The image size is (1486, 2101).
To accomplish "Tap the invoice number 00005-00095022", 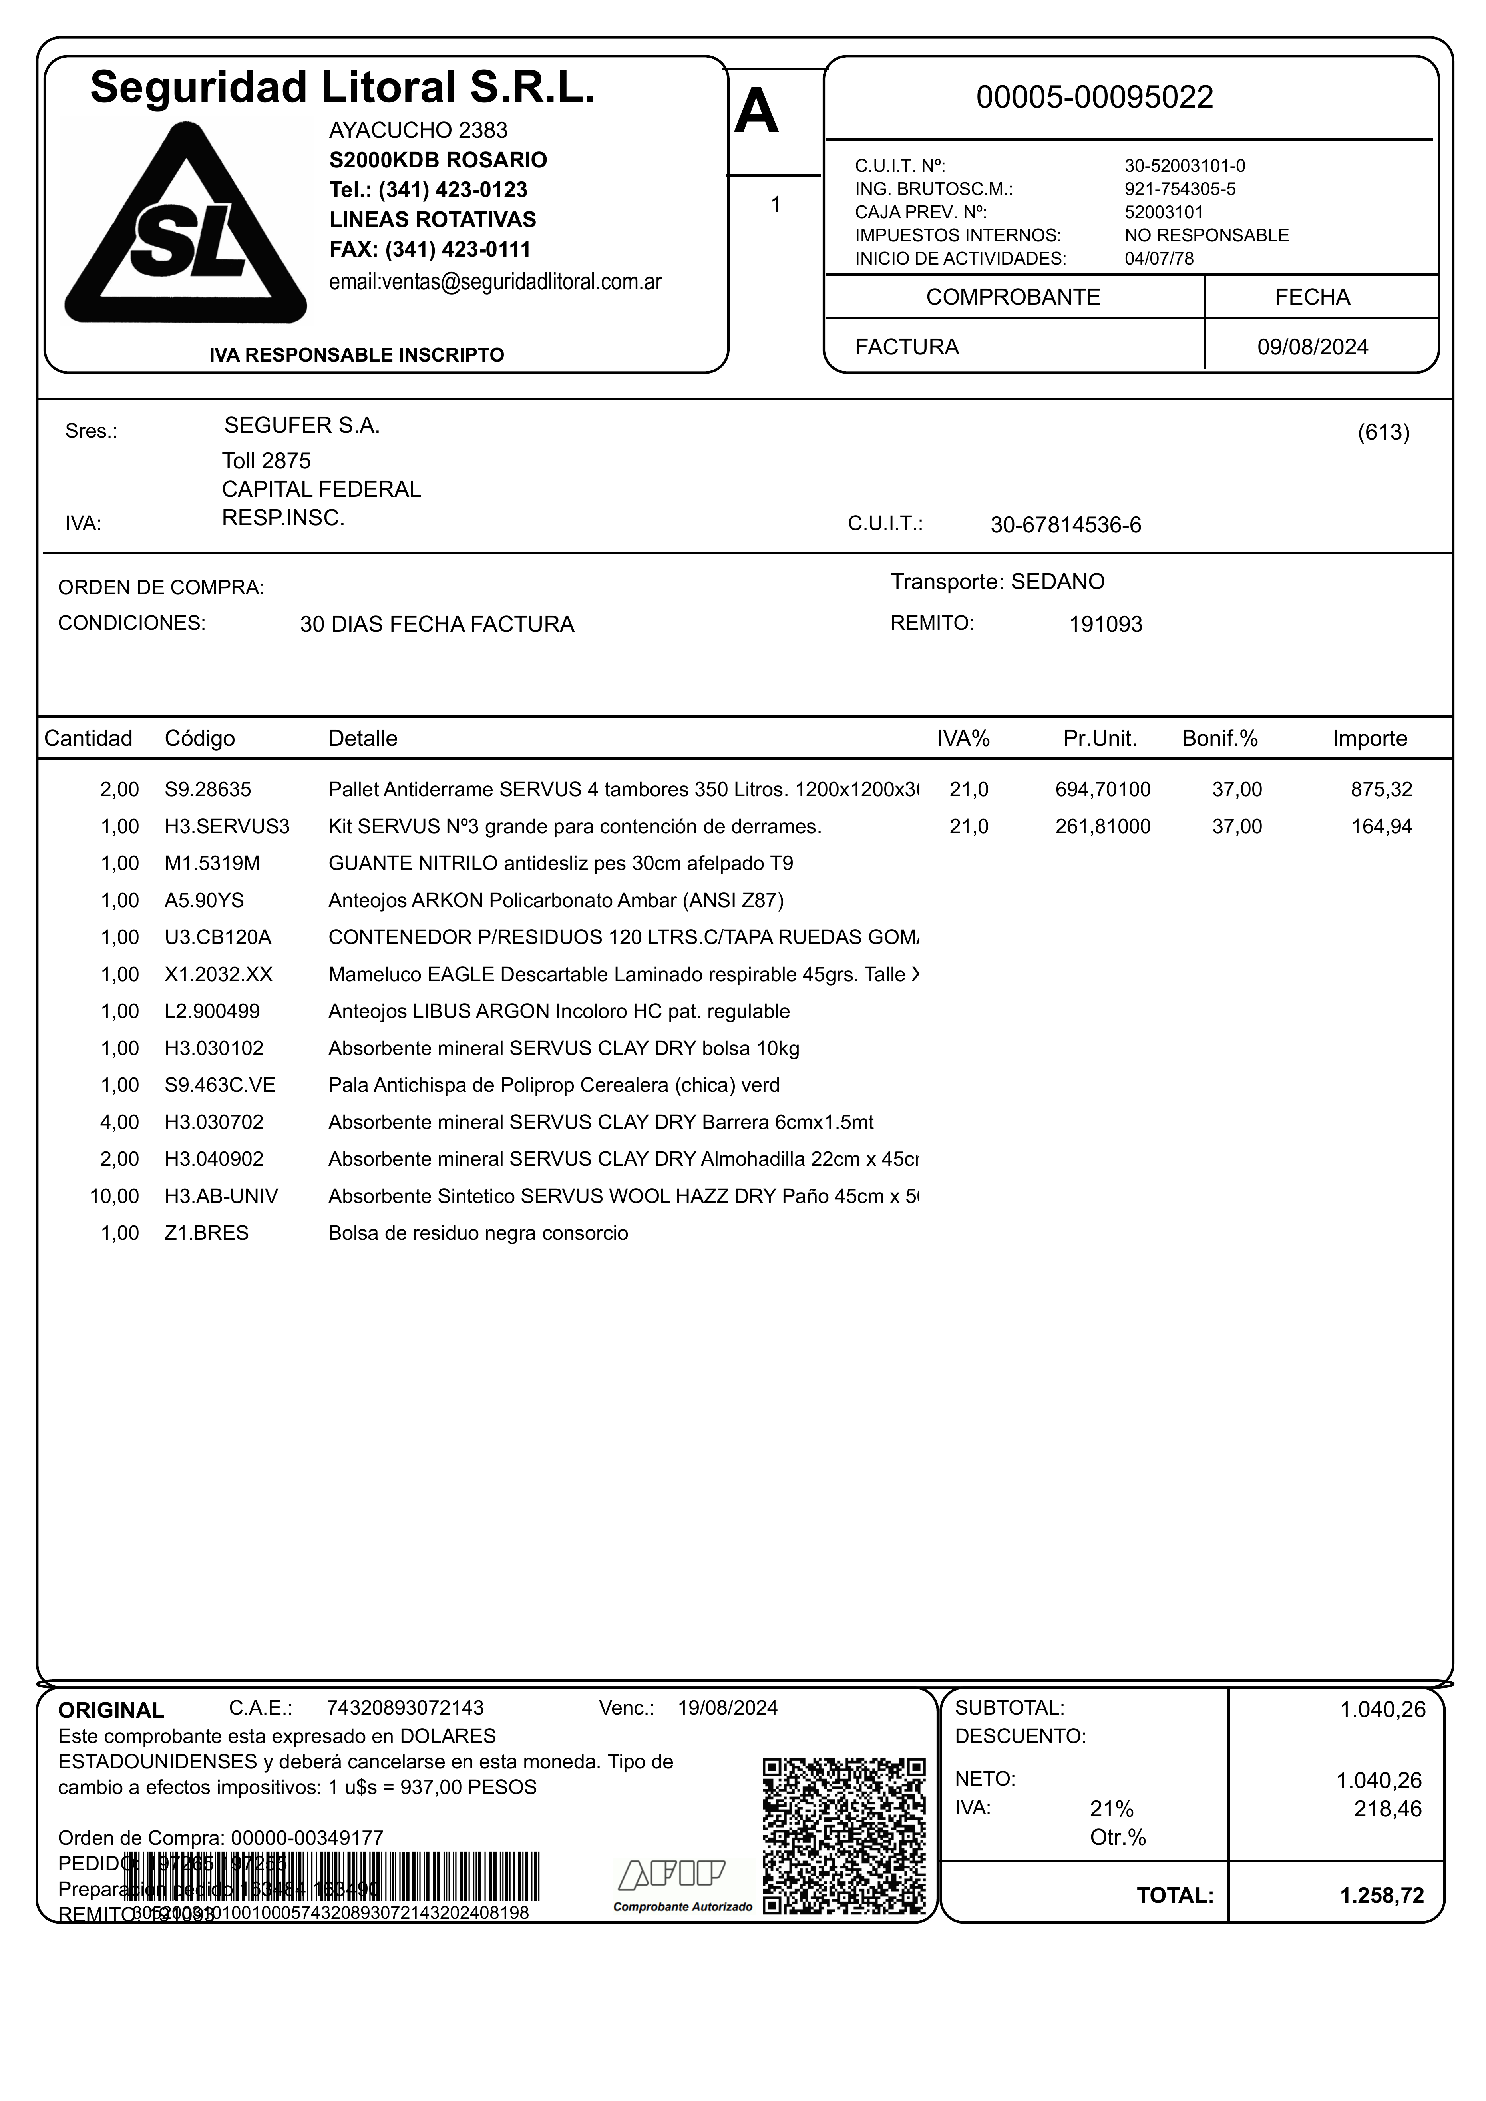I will [x=1094, y=97].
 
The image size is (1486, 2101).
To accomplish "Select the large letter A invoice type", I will [x=757, y=114].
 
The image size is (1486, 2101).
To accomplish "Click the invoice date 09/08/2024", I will [x=1312, y=347].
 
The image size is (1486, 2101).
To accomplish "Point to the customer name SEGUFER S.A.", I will [x=302, y=426].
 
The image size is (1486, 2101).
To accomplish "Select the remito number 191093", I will [x=1105, y=625].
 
